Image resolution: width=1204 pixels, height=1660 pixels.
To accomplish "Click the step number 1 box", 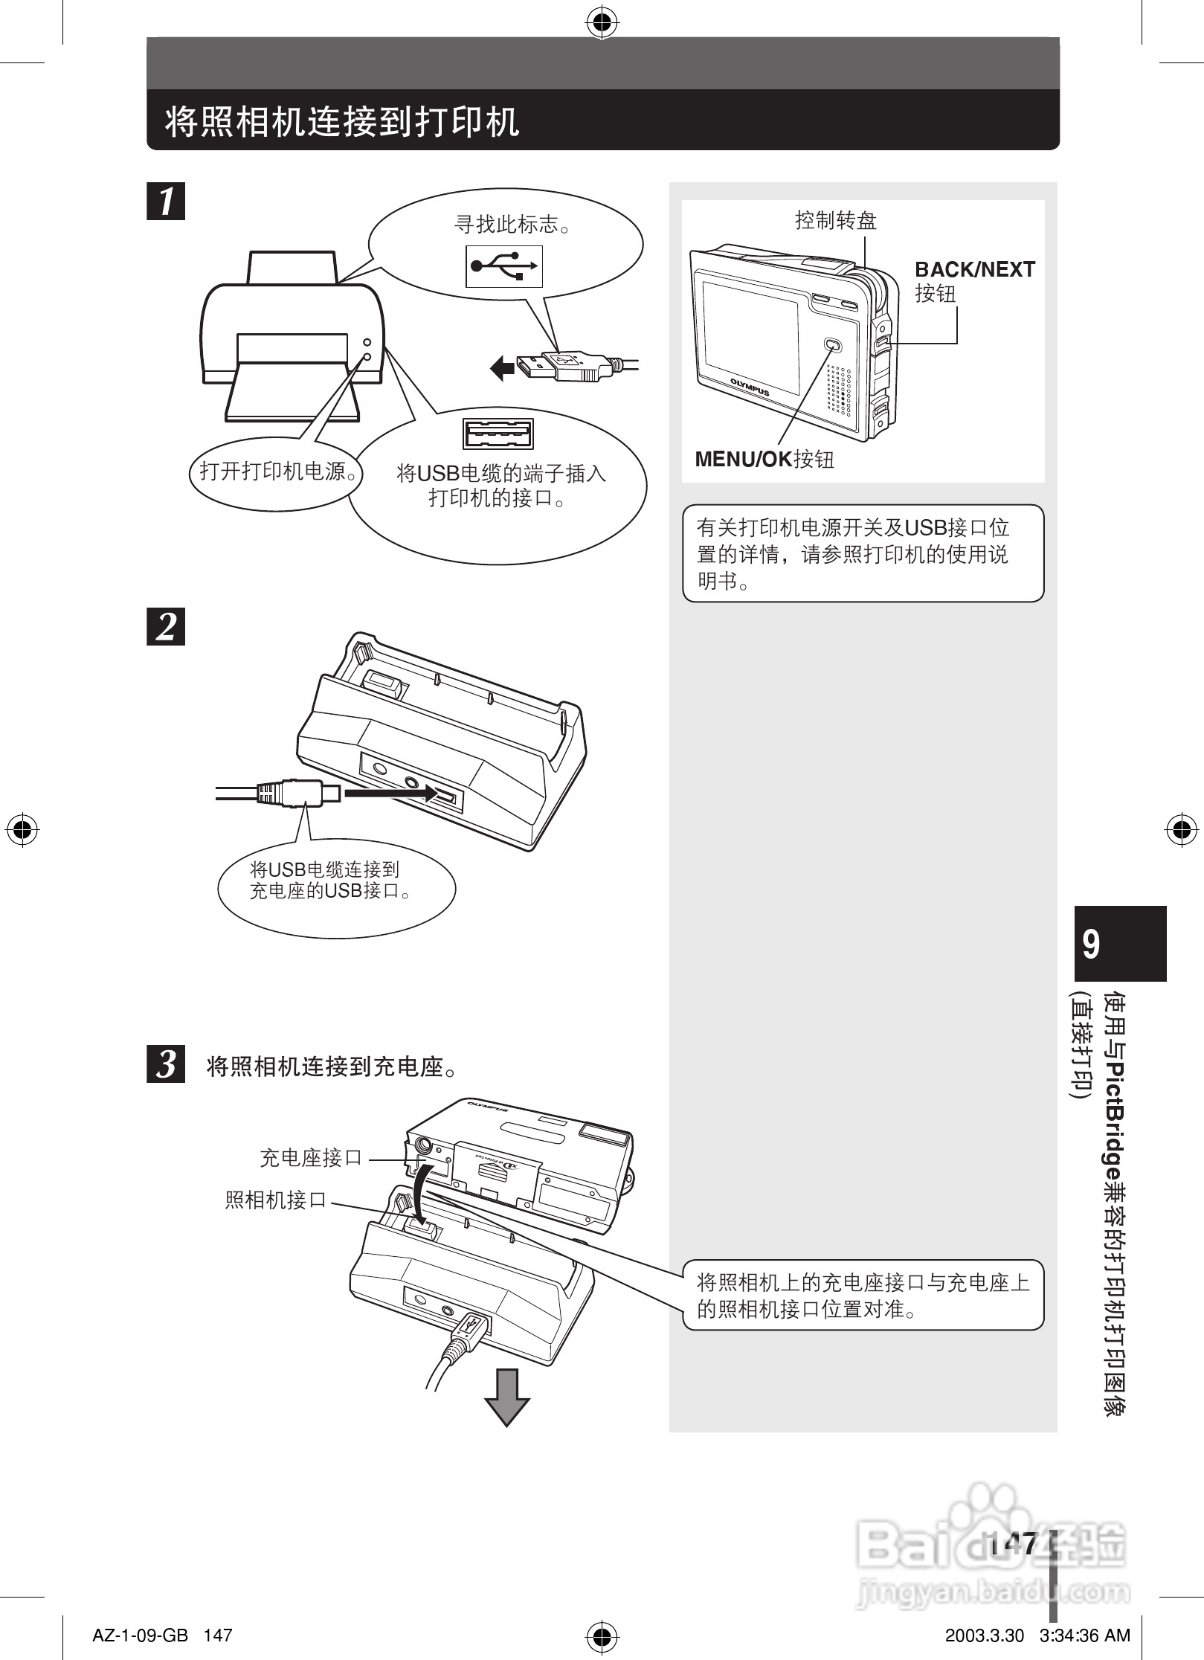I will point(166,201).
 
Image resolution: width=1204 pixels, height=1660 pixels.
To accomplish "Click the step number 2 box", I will point(166,626).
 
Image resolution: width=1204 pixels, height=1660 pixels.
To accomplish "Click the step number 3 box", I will point(166,1064).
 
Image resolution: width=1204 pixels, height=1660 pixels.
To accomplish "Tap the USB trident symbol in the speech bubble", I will point(504,266).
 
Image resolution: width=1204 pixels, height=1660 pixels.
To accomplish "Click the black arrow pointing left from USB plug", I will point(503,367).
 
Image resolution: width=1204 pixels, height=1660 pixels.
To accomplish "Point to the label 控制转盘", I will point(836,220).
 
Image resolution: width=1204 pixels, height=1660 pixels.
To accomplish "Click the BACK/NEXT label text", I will point(974,270).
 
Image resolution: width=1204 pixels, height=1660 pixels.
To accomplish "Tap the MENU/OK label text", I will point(744,460).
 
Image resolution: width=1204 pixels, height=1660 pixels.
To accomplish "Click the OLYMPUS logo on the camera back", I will point(749,386).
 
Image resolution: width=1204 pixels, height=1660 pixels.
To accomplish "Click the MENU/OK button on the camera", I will point(832,345).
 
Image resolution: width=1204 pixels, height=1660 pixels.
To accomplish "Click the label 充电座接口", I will point(311,1158).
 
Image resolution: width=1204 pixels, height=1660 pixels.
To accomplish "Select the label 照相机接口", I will point(276,1200).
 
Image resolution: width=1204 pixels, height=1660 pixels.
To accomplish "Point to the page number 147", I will point(1013,1543).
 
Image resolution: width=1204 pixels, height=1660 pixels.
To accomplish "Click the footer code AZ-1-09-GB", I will point(140,1635).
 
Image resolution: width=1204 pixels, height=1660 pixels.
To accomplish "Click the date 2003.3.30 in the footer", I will point(984,1635).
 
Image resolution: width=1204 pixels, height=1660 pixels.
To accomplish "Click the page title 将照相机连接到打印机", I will point(341,122).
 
